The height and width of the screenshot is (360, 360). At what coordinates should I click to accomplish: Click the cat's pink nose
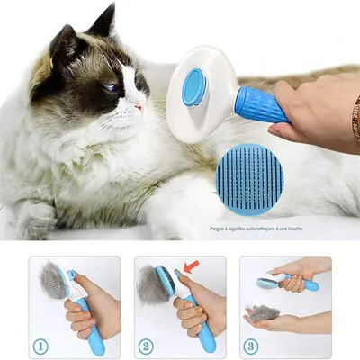point(139,106)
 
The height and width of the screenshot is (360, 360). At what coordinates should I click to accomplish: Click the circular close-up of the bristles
point(249,177)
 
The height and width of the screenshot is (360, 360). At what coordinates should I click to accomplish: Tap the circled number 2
point(147,344)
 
